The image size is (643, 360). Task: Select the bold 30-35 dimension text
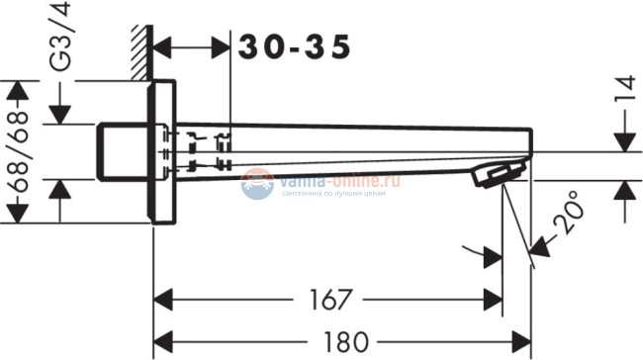pos(293,45)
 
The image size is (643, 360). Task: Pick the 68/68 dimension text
pos(17,153)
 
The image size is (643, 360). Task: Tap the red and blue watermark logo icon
pos(257,183)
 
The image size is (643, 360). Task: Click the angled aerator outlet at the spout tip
pos(495,175)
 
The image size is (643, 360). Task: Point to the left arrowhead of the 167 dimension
pos(163,298)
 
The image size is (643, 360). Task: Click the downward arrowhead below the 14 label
pos(624,140)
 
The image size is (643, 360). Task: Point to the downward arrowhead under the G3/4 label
pos(61,114)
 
